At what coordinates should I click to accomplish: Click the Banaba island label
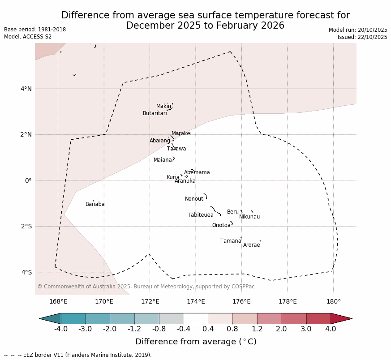tap(95, 204)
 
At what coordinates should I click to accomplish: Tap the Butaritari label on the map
tap(155, 113)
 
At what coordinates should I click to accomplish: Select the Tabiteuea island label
tap(200, 215)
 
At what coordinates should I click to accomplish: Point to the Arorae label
tap(251, 245)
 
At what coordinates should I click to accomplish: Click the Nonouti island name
tap(194, 199)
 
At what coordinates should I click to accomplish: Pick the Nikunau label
tap(249, 217)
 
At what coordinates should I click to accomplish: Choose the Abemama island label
tap(197, 172)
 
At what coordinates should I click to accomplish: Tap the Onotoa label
tap(221, 225)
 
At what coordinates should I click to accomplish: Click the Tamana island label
tap(231, 241)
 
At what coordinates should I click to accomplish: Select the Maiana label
tap(163, 160)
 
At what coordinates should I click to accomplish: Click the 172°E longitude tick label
tap(150, 301)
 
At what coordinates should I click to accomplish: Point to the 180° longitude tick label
tap(333, 301)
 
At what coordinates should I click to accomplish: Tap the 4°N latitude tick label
tap(26, 89)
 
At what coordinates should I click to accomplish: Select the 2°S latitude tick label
tap(26, 226)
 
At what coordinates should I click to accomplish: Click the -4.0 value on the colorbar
tap(61, 329)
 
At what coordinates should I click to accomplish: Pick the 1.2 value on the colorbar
tap(257, 329)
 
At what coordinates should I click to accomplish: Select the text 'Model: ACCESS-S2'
tap(28, 37)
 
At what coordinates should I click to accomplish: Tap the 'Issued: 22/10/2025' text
tap(362, 37)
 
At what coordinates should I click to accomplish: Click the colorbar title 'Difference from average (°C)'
tap(196, 342)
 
